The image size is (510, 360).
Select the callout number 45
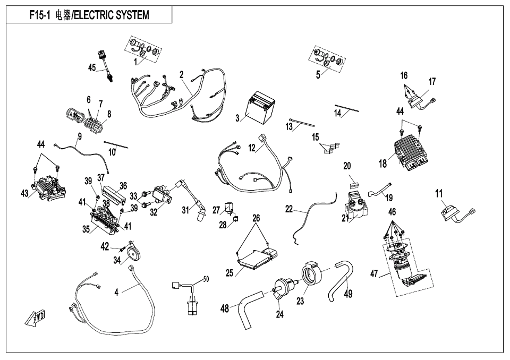[92, 67]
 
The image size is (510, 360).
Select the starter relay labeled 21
[357, 208]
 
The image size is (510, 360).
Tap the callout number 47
[374, 274]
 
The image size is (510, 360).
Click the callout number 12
[252, 148]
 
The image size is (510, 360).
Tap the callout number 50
[206, 279]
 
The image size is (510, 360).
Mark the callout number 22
[289, 209]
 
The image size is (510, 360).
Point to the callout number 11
[439, 194]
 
